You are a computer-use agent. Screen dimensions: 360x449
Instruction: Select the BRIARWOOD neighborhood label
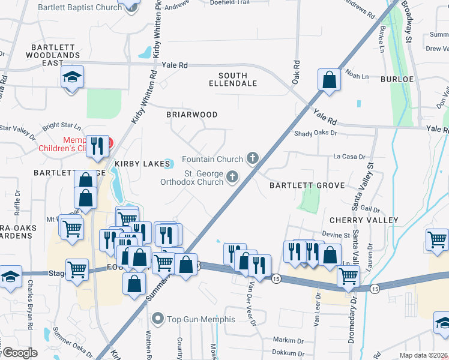click(191, 114)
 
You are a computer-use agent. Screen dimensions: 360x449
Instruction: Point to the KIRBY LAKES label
click(136, 163)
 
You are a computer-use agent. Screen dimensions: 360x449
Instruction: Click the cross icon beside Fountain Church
click(253, 158)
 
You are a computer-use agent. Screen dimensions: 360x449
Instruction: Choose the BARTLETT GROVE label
click(307, 185)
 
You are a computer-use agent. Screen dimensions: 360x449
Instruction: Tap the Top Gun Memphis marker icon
click(158, 318)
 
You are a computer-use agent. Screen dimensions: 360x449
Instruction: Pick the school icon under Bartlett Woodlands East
click(73, 77)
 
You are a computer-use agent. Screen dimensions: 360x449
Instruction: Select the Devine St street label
click(336, 235)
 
